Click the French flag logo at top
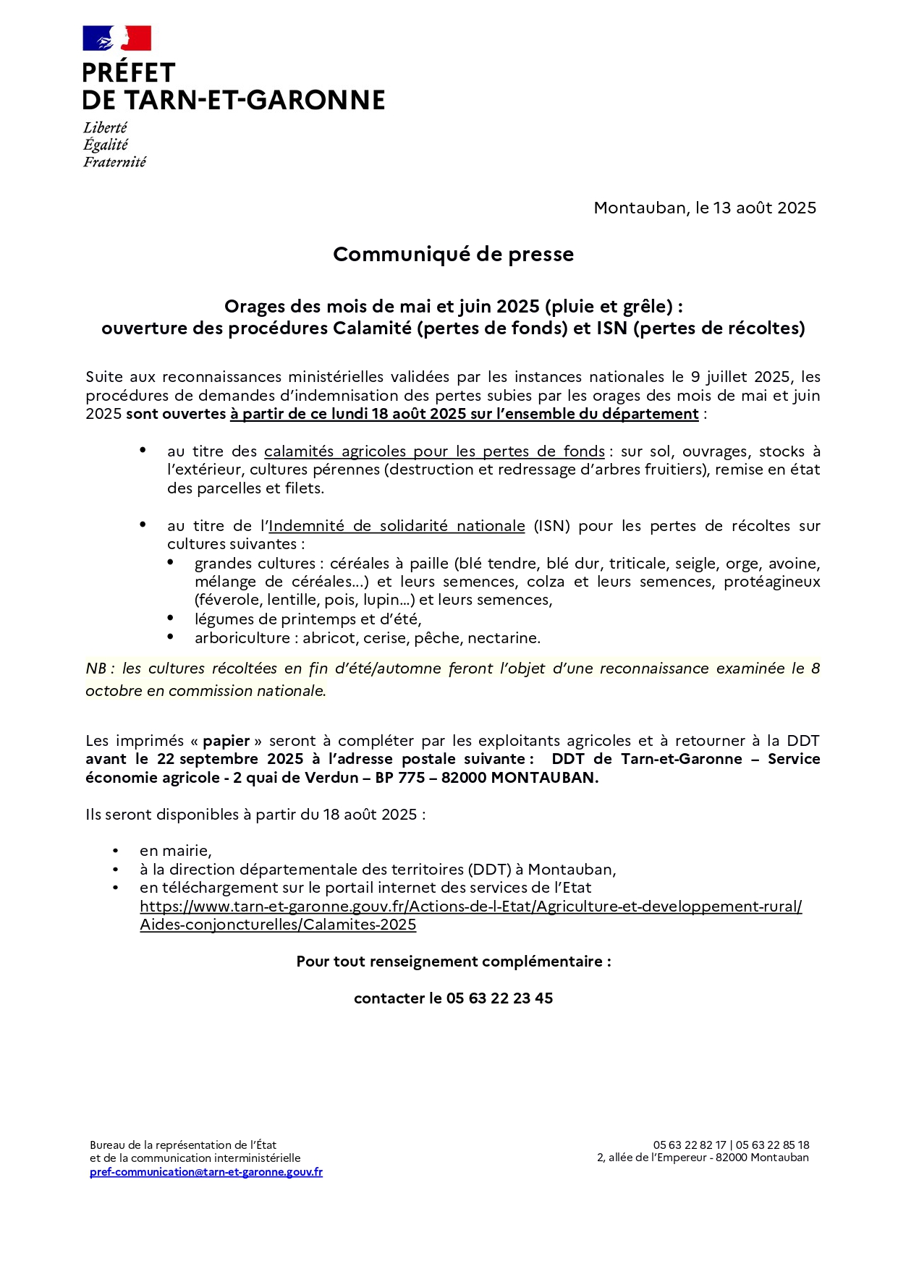click(117, 38)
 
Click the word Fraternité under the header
click(114, 162)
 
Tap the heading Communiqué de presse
click(453, 254)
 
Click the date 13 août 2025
click(764, 208)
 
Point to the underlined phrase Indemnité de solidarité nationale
click(397, 526)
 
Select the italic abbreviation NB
click(96, 669)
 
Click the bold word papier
click(226, 741)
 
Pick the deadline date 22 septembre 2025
click(229, 759)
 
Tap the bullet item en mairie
click(175, 851)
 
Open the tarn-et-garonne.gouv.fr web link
click(470, 907)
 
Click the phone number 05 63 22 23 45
click(499, 998)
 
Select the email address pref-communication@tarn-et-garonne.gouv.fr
click(206, 1172)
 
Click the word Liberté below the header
click(105, 128)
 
